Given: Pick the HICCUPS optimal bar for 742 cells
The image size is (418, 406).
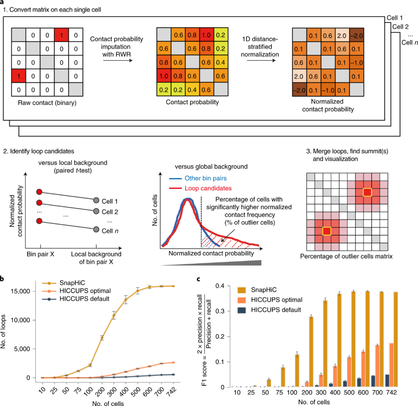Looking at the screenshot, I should [x=391, y=365].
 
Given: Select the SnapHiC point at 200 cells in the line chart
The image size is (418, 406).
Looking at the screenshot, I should [x=102, y=338].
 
